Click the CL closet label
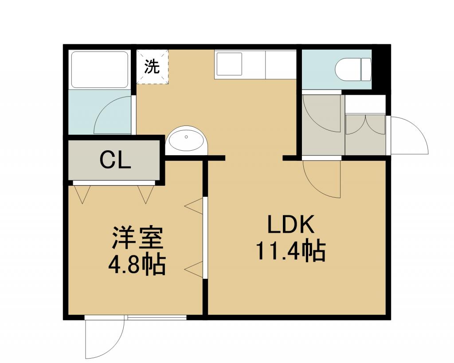pyautogui.click(x=115, y=160)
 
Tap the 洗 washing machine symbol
pyautogui.click(x=153, y=66)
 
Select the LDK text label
pyautogui.click(x=291, y=225)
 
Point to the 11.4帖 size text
pyautogui.click(x=291, y=252)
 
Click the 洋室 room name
pyautogui.click(x=137, y=238)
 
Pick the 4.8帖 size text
pyautogui.click(x=137, y=265)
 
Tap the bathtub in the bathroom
pyautogui.click(x=100, y=70)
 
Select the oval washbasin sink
pyautogui.click(x=186, y=139)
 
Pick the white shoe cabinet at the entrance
pyautogui.click(x=365, y=104)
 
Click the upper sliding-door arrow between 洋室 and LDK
pyautogui.click(x=193, y=206)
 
